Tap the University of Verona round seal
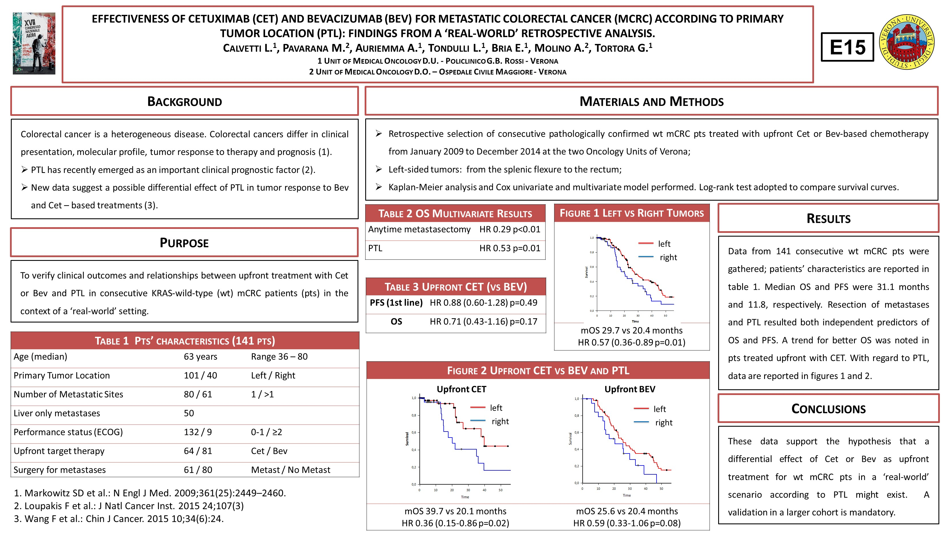pyautogui.click(x=907, y=42)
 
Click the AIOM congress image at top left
pyautogui.click(x=34, y=43)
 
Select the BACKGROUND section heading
pyautogui.click(x=185, y=101)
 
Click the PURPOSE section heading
pyautogui.click(x=184, y=243)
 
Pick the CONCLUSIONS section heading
pyautogui.click(x=828, y=409)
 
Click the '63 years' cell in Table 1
pyautogui.click(x=200, y=356)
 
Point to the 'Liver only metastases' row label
pyautogui.click(x=57, y=413)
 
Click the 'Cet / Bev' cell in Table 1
pyautogui.click(x=269, y=451)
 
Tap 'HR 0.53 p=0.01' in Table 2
pyautogui.click(x=510, y=248)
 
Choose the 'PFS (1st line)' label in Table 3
pyautogui.click(x=396, y=303)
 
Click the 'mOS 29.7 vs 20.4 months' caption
pyautogui.click(x=631, y=330)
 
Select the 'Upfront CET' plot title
pyautogui.click(x=461, y=389)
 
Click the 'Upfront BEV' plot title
pyautogui.click(x=630, y=389)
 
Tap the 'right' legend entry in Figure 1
pyautogui.click(x=668, y=257)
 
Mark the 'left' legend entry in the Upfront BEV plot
pyautogui.click(x=659, y=409)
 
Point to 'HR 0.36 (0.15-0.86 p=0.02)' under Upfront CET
pyautogui.click(x=455, y=523)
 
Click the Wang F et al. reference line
pyautogui.click(x=119, y=519)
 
